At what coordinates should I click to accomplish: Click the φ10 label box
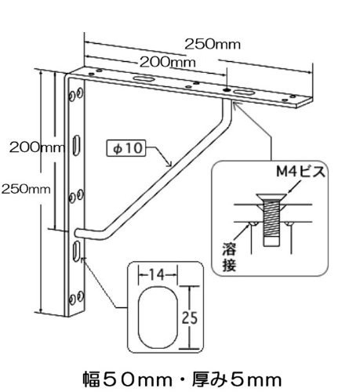coord(126,148)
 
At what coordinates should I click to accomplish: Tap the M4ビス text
coord(300,172)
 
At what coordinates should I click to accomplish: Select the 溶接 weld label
coord(229,257)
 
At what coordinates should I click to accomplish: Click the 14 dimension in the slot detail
coord(158,274)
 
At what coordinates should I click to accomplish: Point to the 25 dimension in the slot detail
coord(190,318)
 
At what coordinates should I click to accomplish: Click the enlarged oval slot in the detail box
coord(158,318)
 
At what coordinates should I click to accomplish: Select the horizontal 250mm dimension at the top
coord(213,44)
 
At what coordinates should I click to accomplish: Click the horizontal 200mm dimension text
coord(168,62)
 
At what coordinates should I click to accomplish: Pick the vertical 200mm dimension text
coord(37,147)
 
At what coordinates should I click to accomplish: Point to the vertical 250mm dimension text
coord(26,189)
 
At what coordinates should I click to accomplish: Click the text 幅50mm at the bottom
coord(128,379)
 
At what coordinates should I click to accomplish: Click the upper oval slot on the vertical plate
coord(76,145)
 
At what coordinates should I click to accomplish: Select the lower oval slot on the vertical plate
coord(76,251)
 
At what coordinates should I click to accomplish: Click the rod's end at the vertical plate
coord(78,233)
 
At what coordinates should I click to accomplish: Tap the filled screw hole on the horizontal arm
coord(226,90)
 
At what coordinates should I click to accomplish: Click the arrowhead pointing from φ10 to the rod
coord(169,164)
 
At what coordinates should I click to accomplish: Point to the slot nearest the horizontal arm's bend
coord(143,78)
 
